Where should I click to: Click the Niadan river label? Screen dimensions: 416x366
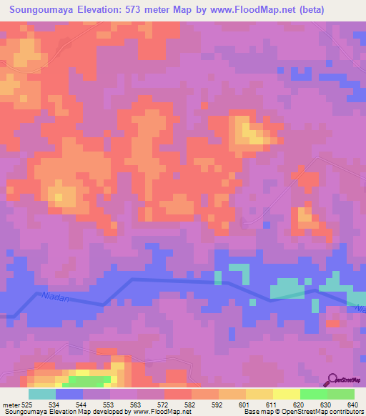tap(56, 294)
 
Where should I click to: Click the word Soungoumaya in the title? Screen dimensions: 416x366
tap(44, 10)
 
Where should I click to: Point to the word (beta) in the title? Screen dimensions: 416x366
tap(312, 10)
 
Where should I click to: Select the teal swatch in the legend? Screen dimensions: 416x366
tap(41, 394)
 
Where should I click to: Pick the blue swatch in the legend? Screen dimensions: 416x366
tap(69, 394)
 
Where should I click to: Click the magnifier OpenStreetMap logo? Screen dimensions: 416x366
tap(333, 380)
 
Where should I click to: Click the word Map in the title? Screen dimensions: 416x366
tap(188, 10)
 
